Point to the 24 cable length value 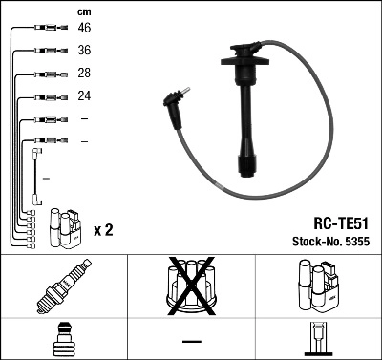(84, 96)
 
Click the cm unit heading (83, 11)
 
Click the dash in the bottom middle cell (190, 340)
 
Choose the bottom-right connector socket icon (317, 339)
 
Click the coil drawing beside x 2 (66, 226)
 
